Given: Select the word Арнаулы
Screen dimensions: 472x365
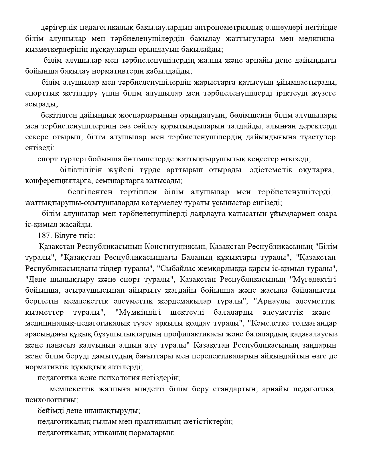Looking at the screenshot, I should pyautogui.click(x=274, y=301).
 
